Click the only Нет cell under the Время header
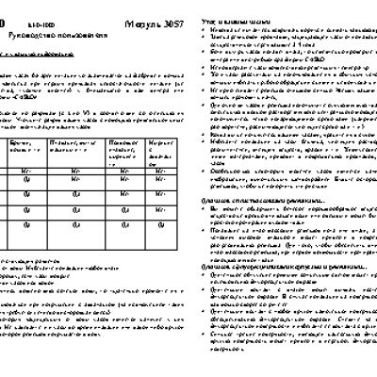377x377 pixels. tap(26, 171)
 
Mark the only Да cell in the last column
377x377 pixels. tap(160, 223)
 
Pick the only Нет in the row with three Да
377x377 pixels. tap(160, 209)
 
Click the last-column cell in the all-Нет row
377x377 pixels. tap(160, 171)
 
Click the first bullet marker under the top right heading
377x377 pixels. tap(205, 17)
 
